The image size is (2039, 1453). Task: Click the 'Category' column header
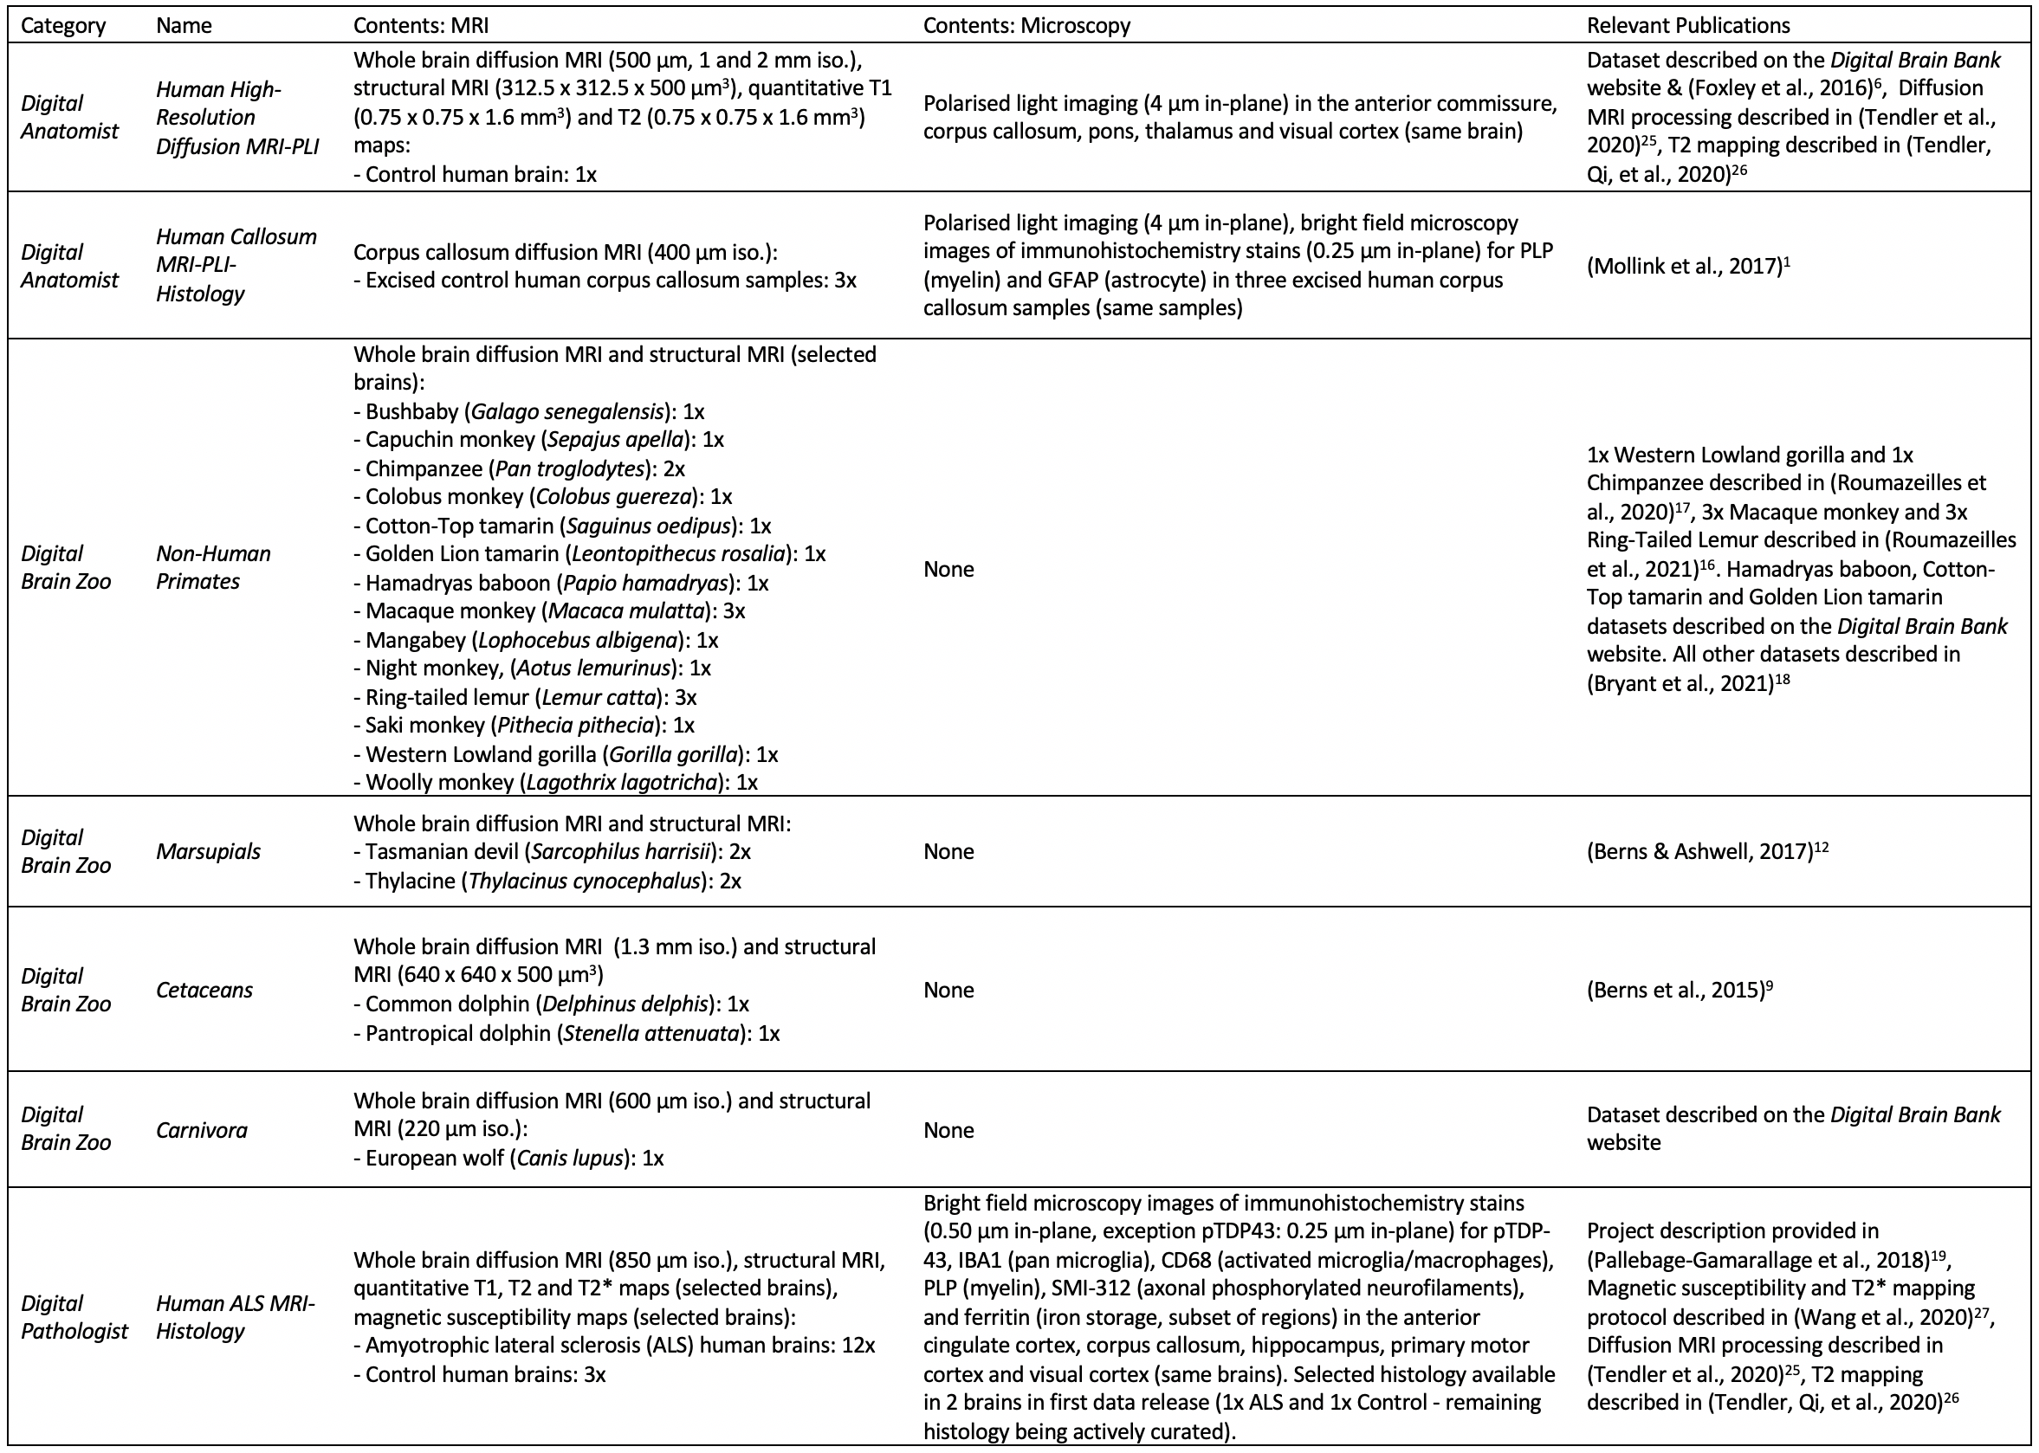(62, 25)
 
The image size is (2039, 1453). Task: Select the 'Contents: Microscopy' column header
(1026, 25)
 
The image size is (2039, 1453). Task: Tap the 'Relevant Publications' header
(1688, 25)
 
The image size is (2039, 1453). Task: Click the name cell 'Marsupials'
(208, 851)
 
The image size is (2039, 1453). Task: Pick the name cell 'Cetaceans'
(204, 990)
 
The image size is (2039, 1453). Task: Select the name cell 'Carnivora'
(202, 1130)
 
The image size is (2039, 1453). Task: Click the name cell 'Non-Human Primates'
(213, 567)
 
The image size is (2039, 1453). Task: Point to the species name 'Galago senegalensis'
(568, 411)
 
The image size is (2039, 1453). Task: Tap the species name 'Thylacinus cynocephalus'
(584, 881)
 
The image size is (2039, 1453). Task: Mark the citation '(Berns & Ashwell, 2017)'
(1699, 851)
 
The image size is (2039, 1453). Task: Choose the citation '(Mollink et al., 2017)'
(1684, 266)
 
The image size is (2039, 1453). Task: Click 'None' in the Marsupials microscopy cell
(948, 851)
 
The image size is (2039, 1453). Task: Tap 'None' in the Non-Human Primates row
(948, 569)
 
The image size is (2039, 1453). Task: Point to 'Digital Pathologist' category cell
(74, 1317)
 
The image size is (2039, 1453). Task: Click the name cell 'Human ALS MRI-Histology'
(235, 1317)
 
